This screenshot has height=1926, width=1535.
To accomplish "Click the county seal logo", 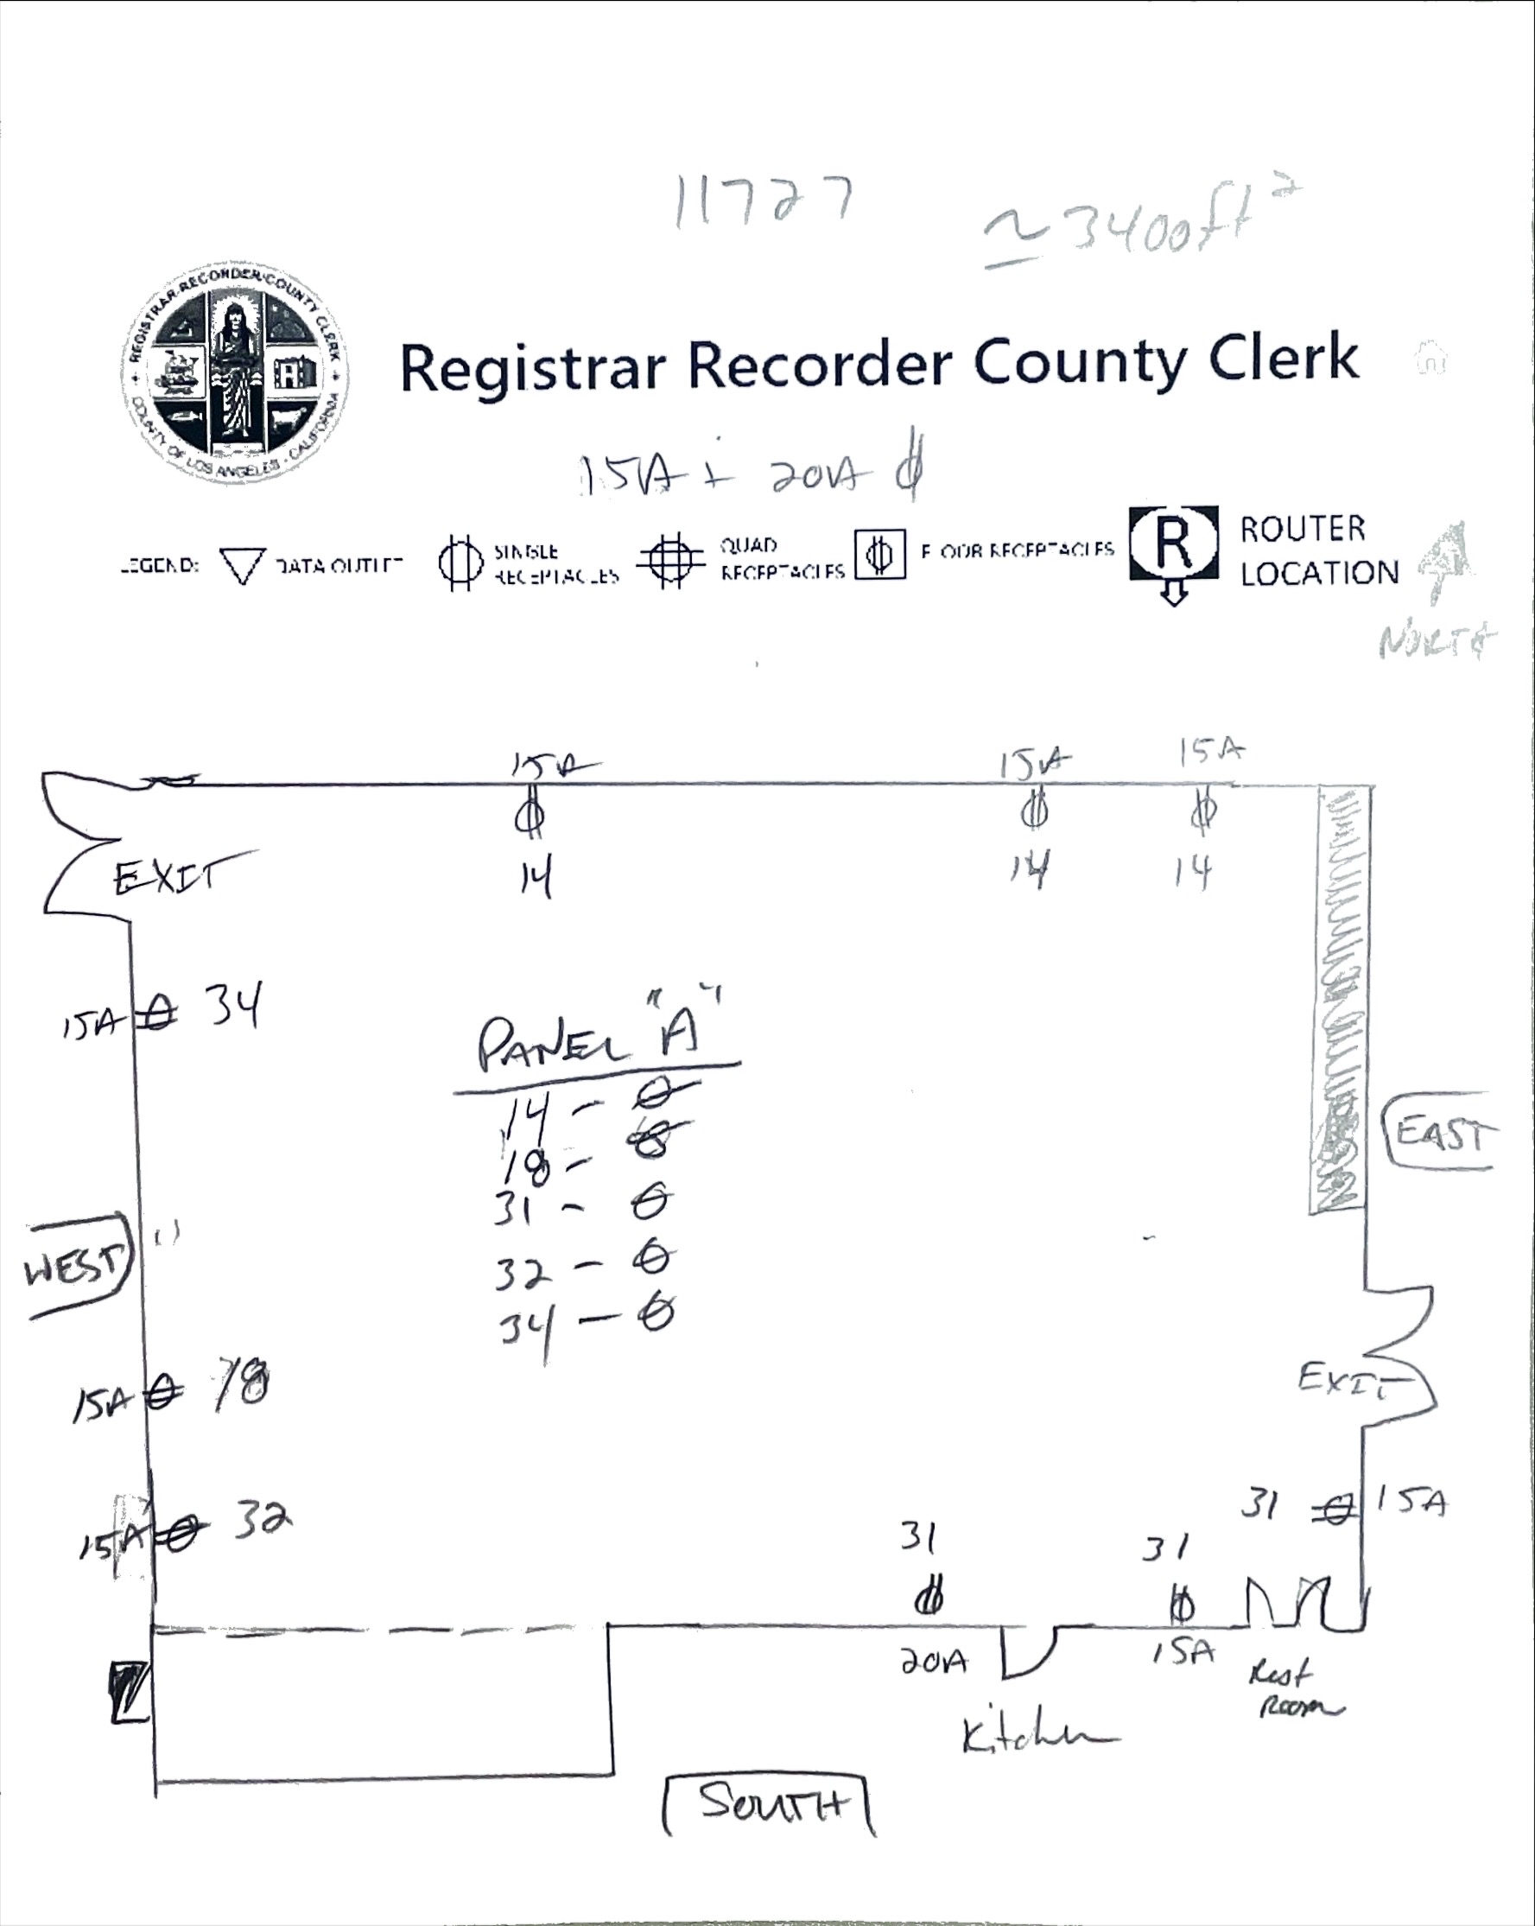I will [235, 375].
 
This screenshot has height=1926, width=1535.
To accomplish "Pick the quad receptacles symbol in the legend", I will [671, 560].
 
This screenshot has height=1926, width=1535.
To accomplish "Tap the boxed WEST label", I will [77, 1266].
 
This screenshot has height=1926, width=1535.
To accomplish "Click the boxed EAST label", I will [1440, 1134].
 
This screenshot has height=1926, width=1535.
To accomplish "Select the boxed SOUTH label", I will [769, 1803].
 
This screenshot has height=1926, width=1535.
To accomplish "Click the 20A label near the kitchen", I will [932, 1662].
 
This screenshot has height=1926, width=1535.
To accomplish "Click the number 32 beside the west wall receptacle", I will [263, 1519].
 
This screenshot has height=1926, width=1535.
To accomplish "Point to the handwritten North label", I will [1435, 641].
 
